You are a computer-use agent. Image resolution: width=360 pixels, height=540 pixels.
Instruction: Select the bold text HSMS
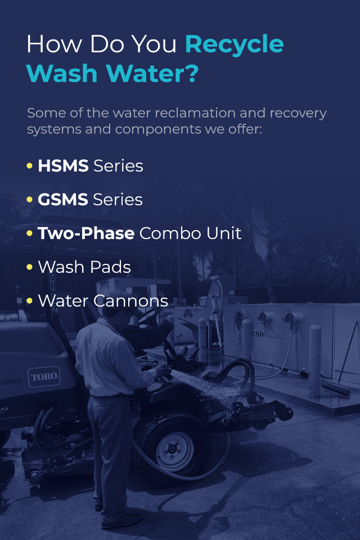pyautogui.click(x=63, y=165)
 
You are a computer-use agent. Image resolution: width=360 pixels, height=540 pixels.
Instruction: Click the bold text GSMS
pyautogui.click(x=62, y=199)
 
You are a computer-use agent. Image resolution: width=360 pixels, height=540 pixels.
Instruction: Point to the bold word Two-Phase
pyautogui.click(x=86, y=233)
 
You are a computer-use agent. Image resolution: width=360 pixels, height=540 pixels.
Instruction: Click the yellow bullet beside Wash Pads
pyautogui.click(x=30, y=267)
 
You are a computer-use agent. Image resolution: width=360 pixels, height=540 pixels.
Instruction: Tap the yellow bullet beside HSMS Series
pyautogui.click(x=30, y=165)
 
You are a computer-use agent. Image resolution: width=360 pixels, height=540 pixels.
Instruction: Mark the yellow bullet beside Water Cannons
pyautogui.click(x=30, y=300)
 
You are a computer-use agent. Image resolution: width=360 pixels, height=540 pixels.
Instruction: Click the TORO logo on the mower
pyautogui.click(x=44, y=377)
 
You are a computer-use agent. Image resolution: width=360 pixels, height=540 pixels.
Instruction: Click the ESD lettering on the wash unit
pyautogui.click(x=258, y=334)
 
